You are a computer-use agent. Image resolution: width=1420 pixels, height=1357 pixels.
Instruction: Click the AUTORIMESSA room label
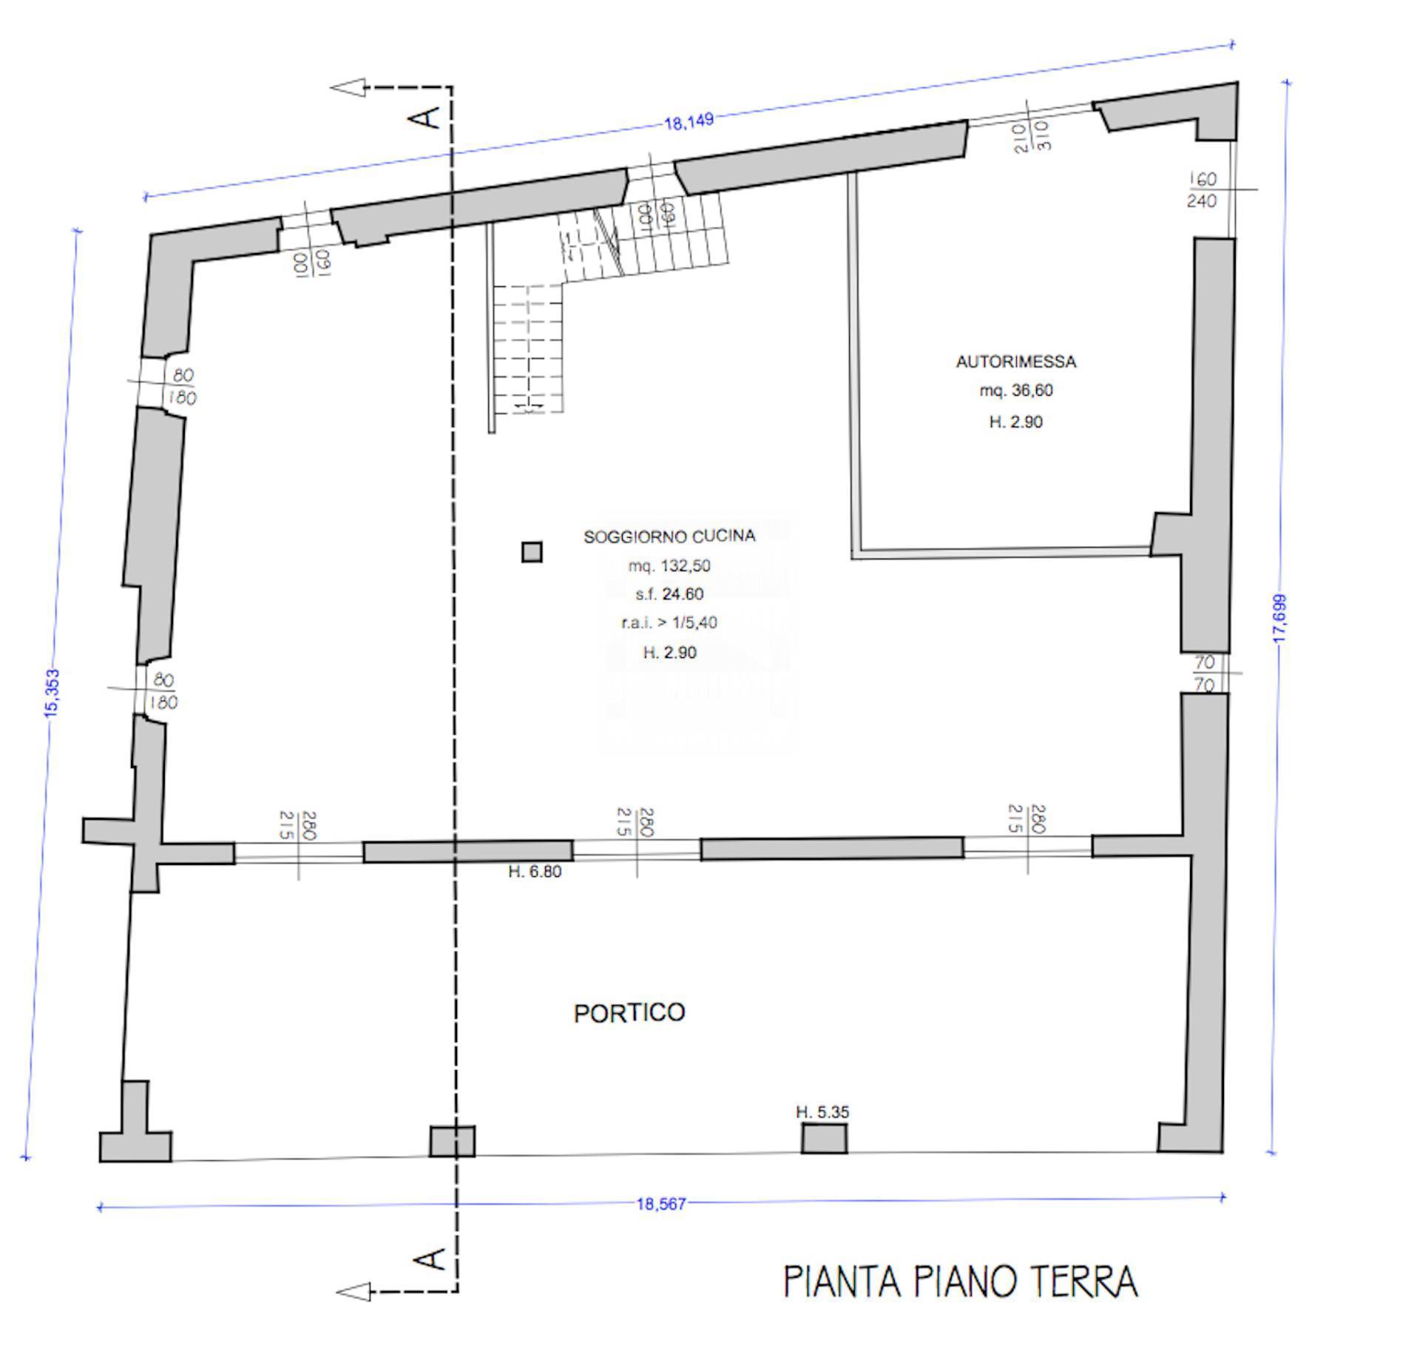(x=1015, y=362)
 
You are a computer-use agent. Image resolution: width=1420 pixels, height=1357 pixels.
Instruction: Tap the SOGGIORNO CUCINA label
(x=669, y=536)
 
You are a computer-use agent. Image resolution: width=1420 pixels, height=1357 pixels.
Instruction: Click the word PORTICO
(x=629, y=1012)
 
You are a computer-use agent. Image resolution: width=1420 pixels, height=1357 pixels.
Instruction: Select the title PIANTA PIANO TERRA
(x=960, y=1282)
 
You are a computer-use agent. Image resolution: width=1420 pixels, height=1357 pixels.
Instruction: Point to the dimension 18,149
(x=689, y=121)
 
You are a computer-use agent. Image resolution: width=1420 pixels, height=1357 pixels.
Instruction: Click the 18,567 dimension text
(x=661, y=1204)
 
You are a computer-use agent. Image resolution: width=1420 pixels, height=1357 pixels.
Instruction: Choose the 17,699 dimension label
(x=1280, y=619)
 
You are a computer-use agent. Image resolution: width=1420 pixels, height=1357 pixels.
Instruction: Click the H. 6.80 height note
(x=535, y=872)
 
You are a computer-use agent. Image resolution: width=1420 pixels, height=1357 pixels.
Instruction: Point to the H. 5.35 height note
(x=822, y=1111)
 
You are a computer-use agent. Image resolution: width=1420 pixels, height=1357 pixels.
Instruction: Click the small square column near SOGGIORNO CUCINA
(x=532, y=552)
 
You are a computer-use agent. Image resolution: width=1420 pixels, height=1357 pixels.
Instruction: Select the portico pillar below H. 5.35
(x=824, y=1138)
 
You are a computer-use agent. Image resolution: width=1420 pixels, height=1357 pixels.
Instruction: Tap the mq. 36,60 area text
(x=1016, y=391)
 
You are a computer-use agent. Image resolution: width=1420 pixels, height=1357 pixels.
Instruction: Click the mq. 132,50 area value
(x=669, y=566)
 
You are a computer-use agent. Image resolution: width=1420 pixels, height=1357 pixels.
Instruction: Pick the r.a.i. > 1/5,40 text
(x=669, y=623)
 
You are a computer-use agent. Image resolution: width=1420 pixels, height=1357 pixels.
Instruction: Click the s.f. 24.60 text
(x=669, y=594)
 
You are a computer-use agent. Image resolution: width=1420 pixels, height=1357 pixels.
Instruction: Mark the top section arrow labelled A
(x=349, y=88)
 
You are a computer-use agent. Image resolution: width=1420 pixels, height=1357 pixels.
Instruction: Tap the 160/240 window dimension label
(x=1202, y=190)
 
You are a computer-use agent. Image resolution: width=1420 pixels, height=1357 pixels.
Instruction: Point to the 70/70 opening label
(x=1204, y=673)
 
